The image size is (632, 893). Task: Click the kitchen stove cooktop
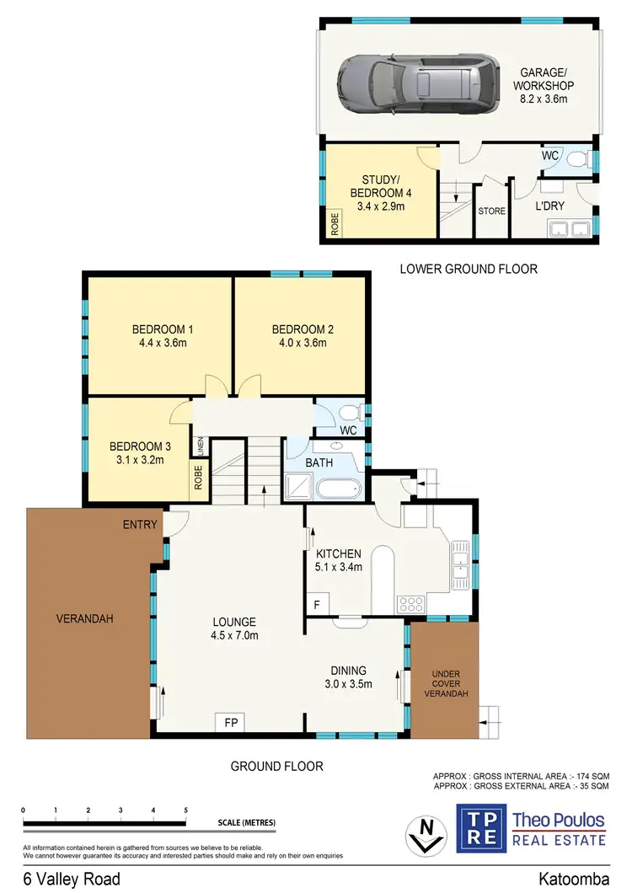(410, 603)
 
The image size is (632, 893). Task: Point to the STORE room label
(492, 211)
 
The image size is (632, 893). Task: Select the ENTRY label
(140, 525)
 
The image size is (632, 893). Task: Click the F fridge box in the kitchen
(317, 604)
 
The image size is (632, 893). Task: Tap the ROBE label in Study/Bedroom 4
(335, 227)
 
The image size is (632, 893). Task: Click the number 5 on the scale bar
(185, 810)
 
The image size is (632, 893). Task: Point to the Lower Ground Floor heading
(468, 270)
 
